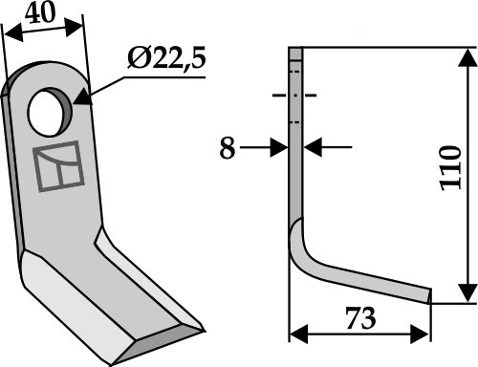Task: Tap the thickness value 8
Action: (226, 147)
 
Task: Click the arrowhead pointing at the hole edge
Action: (80, 97)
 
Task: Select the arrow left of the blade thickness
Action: (281, 148)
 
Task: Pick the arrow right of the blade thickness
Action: (311, 147)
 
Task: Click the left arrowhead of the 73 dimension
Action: (295, 335)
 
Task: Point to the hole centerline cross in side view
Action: (295, 96)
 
